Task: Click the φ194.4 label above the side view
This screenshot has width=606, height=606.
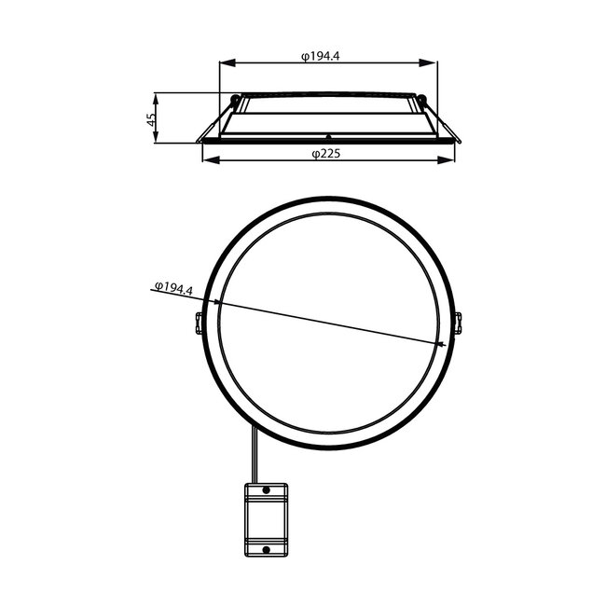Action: click(321, 56)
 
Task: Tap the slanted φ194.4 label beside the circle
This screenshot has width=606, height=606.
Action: click(172, 288)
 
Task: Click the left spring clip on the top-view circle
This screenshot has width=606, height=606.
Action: click(199, 323)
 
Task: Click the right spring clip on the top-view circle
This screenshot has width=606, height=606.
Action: click(457, 322)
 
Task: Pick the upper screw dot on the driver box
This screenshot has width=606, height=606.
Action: click(266, 489)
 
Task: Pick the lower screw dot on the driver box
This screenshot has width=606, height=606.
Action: click(266, 549)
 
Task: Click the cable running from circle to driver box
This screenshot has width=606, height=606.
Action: click(253, 456)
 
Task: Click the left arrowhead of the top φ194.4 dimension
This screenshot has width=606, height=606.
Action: click(225, 63)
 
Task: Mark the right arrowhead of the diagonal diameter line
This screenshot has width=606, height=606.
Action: click(443, 345)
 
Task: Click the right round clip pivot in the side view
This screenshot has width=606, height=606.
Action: click(422, 100)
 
